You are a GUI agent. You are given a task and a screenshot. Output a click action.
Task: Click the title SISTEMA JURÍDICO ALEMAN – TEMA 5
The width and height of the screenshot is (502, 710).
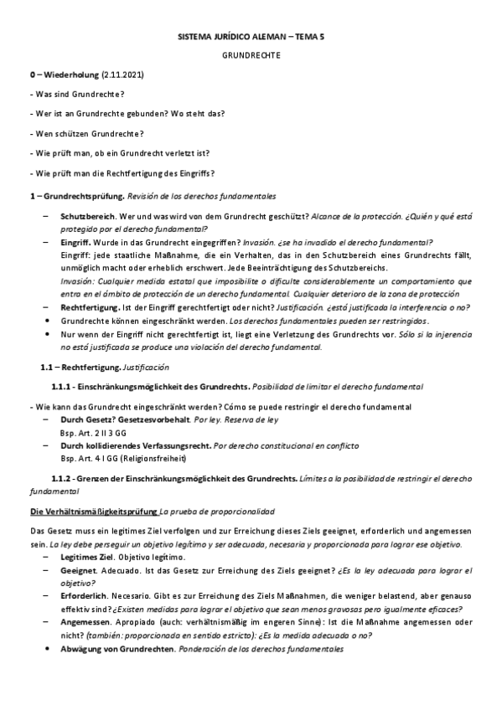pyautogui.click(x=251, y=39)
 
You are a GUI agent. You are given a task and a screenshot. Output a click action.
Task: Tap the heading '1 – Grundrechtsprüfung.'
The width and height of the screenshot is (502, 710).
pyautogui.click(x=76, y=195)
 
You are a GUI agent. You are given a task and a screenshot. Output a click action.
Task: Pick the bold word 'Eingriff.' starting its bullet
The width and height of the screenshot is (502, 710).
pyautogui.click(x=78, y=241)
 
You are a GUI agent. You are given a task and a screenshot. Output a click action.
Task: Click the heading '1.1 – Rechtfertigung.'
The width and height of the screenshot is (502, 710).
pyautogui.click(x=80, y=367)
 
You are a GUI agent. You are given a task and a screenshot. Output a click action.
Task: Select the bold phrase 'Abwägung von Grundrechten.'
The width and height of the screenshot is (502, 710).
pyautogui.click(x=118, y=649)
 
